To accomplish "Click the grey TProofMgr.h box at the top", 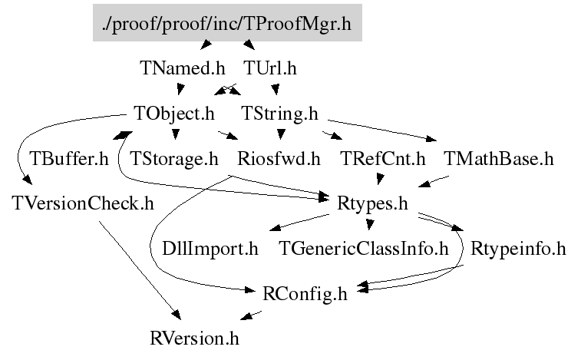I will click(226, 24).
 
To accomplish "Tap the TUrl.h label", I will click(269, 68).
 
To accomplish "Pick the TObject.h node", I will click(173, 114).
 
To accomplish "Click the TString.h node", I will click(279, 114).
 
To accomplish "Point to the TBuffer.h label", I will click(69, 159).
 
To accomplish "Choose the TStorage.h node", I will click(174, 159).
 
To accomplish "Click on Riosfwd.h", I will click(279, 159).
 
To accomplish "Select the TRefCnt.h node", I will click(381, 159).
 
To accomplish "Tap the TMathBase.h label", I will click(498, 159).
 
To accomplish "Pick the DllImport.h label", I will click(210, 249).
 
